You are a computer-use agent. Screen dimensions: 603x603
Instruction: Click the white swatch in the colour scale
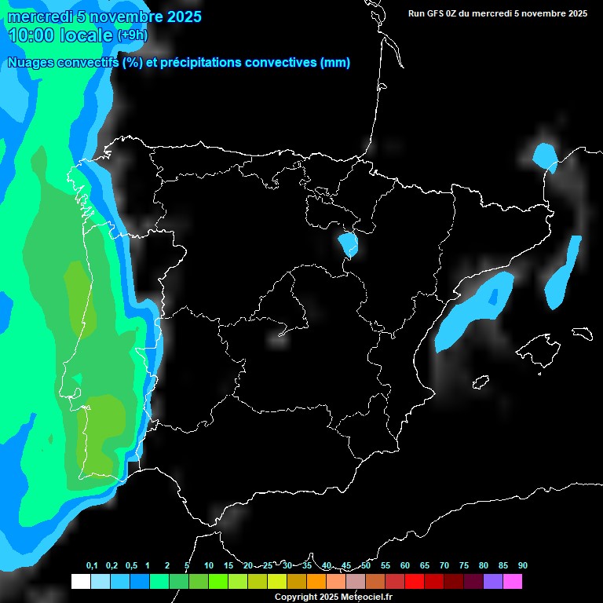click(x=81, y=582)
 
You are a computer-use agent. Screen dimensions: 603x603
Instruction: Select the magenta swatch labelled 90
click(x=513, y=582)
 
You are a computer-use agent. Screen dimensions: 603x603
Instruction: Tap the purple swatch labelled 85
click(x=493, y=582)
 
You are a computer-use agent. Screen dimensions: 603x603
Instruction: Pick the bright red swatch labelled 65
click(x=415, y=582)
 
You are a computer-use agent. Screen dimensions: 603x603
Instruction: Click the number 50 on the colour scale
click(x=366, y=566)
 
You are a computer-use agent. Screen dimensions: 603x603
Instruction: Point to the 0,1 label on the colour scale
click(x=92, y=566)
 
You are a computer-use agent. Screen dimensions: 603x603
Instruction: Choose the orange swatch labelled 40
click(x=316, y=582)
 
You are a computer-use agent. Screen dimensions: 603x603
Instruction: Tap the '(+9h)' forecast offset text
click(x=132, y=35)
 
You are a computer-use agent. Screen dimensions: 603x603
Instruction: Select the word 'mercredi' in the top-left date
click(x=36, y=16)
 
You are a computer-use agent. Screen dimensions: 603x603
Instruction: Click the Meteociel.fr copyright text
click(x=334, y=597)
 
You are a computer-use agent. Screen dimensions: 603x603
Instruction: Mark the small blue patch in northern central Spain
click(x=347, y=244)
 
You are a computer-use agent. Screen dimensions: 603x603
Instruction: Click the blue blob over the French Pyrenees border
click(x=543, y=155)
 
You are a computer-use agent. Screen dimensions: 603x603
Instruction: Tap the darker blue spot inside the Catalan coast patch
click(x=493, y=298)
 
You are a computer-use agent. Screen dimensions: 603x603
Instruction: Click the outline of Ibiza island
click(x=481, y=382)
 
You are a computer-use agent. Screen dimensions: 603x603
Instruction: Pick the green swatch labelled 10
click(x=218, y=582)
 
